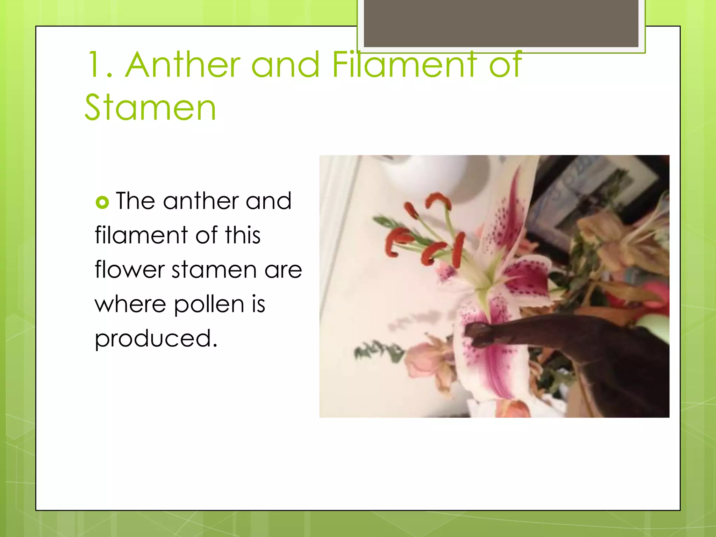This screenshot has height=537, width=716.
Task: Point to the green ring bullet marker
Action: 102,202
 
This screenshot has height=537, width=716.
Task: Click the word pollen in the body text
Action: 209,305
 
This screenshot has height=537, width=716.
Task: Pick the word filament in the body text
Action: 141,235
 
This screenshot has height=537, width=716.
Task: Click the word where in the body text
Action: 130,304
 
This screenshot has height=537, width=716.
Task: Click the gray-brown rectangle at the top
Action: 501,23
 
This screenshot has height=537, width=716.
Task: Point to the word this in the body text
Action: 243,235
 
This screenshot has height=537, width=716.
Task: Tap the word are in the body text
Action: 283,270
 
